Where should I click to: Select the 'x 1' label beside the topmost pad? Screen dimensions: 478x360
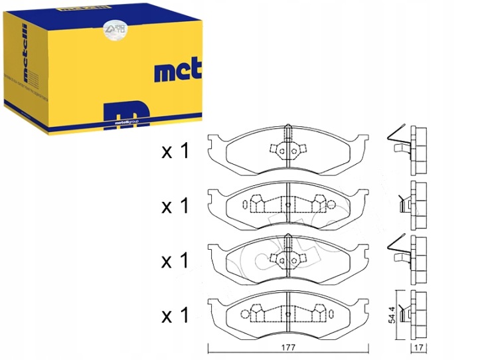(x=175, y=152)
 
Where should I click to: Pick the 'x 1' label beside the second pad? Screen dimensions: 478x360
(x=175, y=207)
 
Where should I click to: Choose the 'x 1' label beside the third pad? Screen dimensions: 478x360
(x=175, y=260)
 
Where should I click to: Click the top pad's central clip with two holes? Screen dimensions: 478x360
(x=287, y=149)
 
